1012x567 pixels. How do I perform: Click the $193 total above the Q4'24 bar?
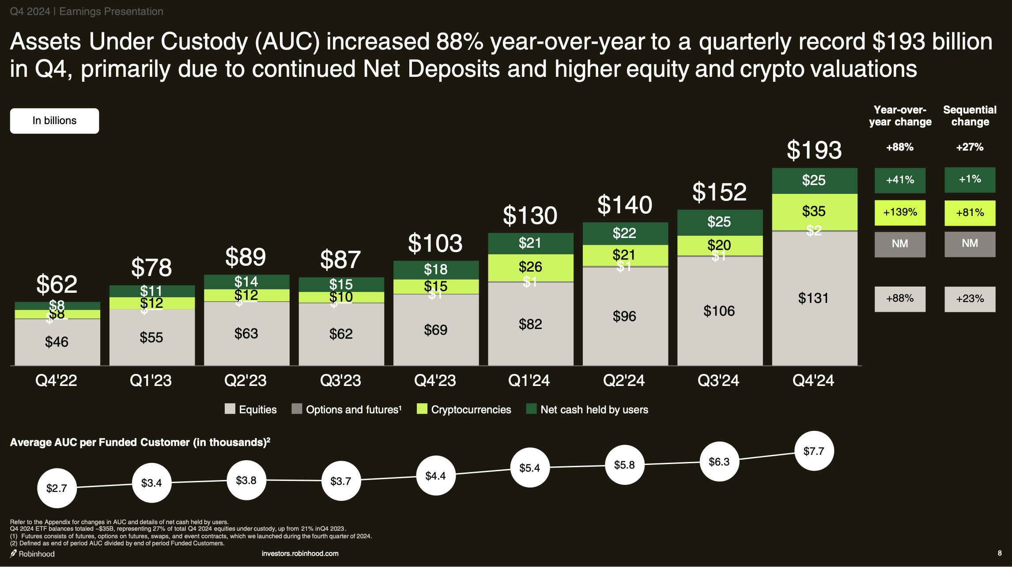coord(814,150)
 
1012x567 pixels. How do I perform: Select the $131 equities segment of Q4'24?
coord(814,298)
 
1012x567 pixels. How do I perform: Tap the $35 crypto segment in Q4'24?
coord(814,211)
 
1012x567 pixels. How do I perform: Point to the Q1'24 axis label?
coord(529,380)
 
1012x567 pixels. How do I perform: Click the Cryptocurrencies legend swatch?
coord(422,409)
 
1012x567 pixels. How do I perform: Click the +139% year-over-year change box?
coord(900,212)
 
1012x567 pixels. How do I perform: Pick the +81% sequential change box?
coord(970,213)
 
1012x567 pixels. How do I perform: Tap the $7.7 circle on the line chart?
coord(814,451)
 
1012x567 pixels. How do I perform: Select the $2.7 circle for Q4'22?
coord(57,488)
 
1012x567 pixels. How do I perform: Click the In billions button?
coord(54,121)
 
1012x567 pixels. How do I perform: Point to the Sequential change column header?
coord(970,116)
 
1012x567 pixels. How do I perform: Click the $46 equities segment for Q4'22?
coord(57,342)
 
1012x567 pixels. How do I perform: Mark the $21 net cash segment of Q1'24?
coord(530,243)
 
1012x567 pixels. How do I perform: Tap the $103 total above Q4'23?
coord(435,243)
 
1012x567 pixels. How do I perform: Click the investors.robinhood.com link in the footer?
coord(300,553)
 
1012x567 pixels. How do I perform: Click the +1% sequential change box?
coord(970,180)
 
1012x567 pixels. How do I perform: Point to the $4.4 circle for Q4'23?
coord(435,476)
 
